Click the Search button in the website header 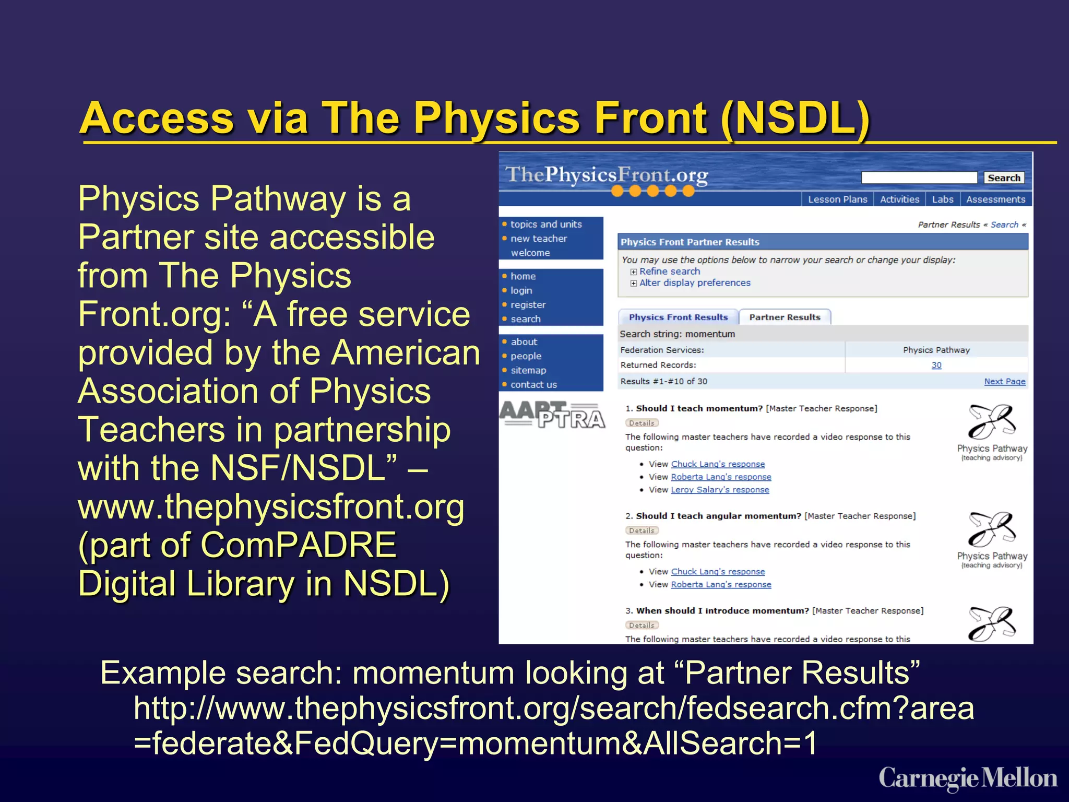click(x=1003, y=178)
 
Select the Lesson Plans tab click(x=837, y=199)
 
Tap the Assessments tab click(x=995, y=199)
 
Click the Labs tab click(x=942, y=199)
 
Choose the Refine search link click(x=669, y=272)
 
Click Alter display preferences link click(x=694, y=283)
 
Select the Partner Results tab click(x=785, y=317)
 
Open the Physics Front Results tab click(x=678, y=317)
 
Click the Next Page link click(x=1004, y=382)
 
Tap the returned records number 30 click(x=936, y=365)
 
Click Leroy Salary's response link click(x=720, y=490)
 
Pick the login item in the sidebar click(x=521, y=290)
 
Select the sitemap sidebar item click(x=528, y=370)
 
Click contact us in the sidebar click(x=533, y=385)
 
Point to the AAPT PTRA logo click(x=552, y=415)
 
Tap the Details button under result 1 click(x=642, y=423)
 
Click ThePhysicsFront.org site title click(x=606, y=175)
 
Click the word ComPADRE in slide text click(x=298, y=545)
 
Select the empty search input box click(x=919, y=178)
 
